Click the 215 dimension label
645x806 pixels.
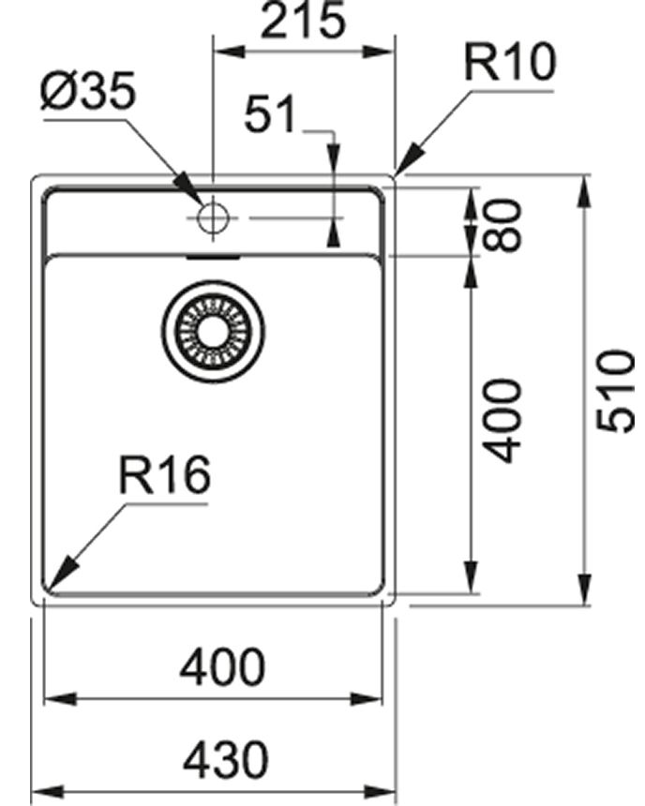click(x=302, y=22)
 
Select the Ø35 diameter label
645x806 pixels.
click(x=89, y=94)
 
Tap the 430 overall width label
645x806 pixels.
click(x=225, y=759)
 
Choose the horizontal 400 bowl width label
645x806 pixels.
click(x=223, y=668)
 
